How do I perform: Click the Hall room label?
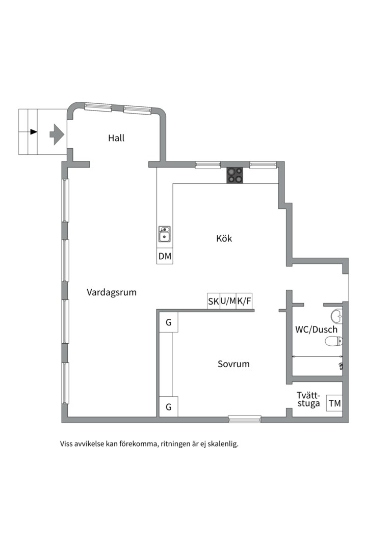point(116,138)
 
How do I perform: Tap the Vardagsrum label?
point(112,292)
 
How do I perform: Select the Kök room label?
point(224,238)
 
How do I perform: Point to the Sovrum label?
point(233,364)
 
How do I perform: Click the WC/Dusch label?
point(316,329)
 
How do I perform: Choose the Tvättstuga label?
point(308,399)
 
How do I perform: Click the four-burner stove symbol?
point(235,175)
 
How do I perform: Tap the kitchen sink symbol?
point(165,234)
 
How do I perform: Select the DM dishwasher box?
point(165,256)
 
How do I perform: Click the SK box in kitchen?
point(213,301)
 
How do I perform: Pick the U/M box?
point(228,301)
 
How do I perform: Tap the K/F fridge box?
point(244,301)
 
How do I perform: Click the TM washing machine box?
point(334,403)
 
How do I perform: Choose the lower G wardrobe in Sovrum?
point(168,407)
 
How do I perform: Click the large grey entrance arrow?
point(57,134)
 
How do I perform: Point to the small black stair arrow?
point(34,132)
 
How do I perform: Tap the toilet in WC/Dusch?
point(333,341)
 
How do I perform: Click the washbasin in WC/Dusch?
point(336,314)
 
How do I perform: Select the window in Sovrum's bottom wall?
point(244,419)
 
